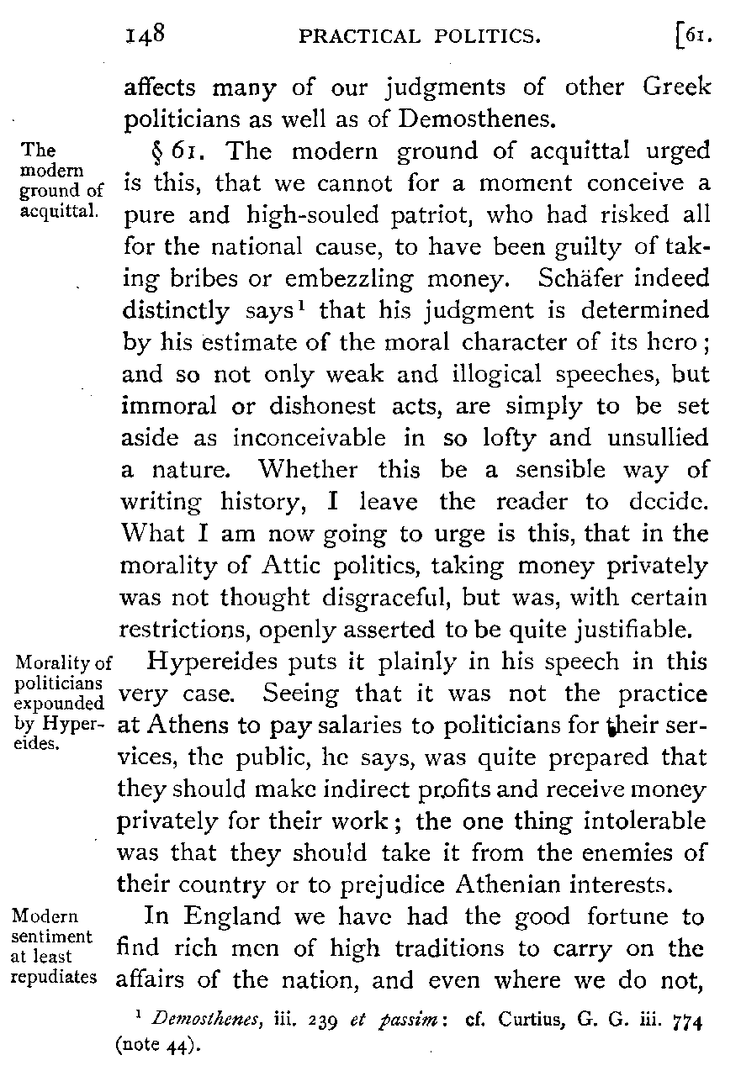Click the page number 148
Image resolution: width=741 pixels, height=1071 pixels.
[x=148, y=34]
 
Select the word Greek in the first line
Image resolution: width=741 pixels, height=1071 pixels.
[x=675, y=88]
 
